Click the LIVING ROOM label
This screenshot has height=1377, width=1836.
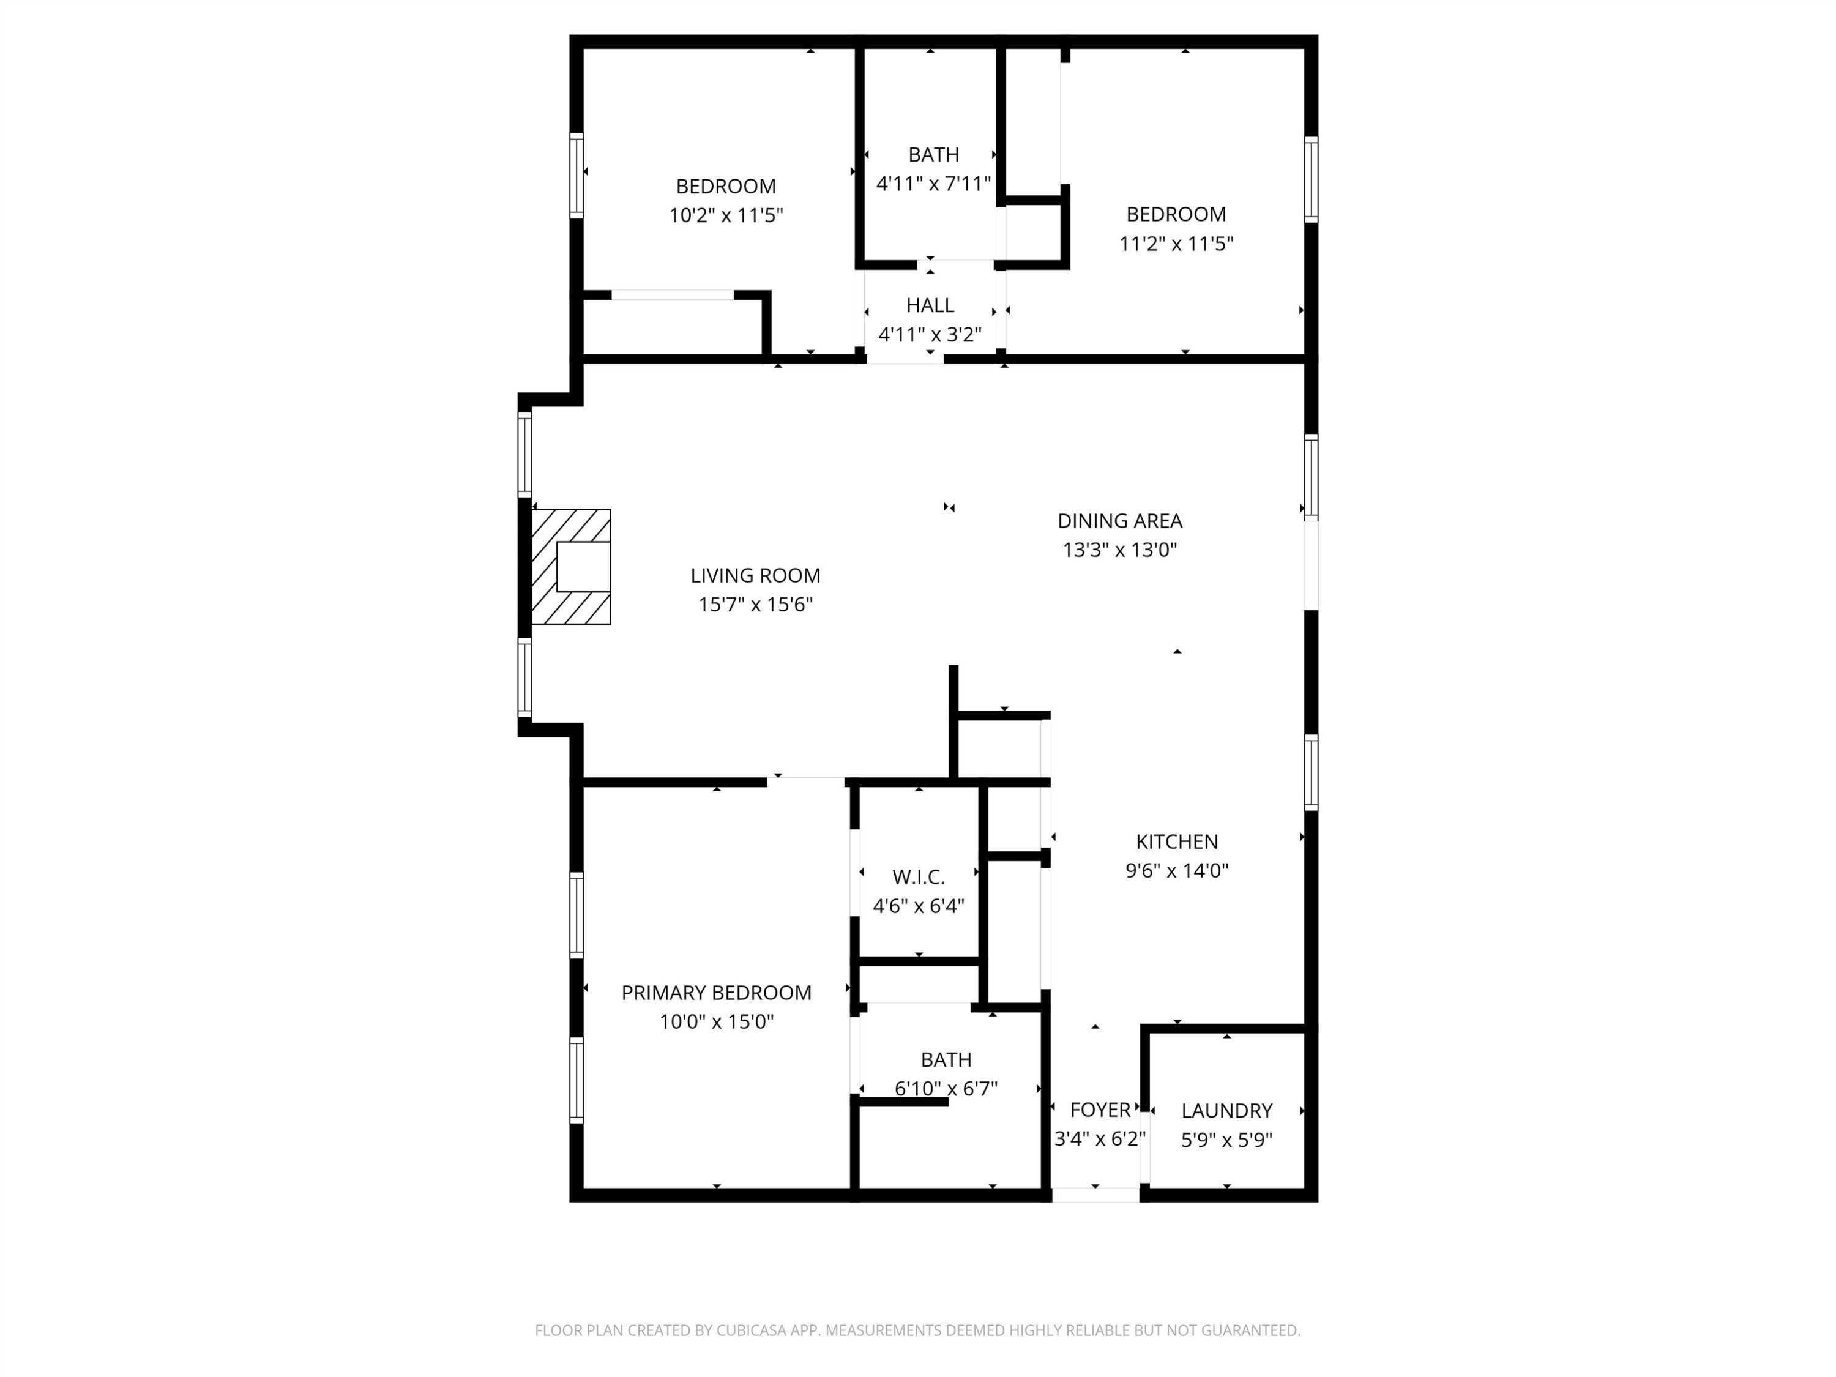coord(755,575)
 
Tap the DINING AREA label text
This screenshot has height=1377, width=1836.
coord(1120,520)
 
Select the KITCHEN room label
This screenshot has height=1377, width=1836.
coord(1177,841)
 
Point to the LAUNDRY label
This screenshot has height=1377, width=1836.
coord(1227,1111)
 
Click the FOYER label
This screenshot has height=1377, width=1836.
coord(1100,1110)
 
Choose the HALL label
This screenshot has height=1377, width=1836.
coord(930,305)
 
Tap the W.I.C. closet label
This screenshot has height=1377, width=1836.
coord(919,876)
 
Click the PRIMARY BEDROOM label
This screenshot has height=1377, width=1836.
coord(716,993)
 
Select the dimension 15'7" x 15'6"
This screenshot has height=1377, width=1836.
coord(755,604)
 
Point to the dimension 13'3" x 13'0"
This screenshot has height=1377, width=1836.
coord(1120,550)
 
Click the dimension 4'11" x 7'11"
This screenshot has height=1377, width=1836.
coord(934,184)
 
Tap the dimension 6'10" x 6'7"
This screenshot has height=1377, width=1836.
coord(946,1088)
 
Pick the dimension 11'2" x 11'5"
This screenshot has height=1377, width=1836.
coord(1176,243)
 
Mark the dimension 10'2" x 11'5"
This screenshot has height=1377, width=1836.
coord(726,215)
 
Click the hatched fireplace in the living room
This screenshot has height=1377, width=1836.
coord(571,567)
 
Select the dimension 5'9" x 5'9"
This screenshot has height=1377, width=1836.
coord(1227,1140)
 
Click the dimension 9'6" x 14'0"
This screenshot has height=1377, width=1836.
coord(1177,871)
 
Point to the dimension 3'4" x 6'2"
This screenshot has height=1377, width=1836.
coord(1100,1139)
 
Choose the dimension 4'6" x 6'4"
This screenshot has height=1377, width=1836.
coord(919,906)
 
